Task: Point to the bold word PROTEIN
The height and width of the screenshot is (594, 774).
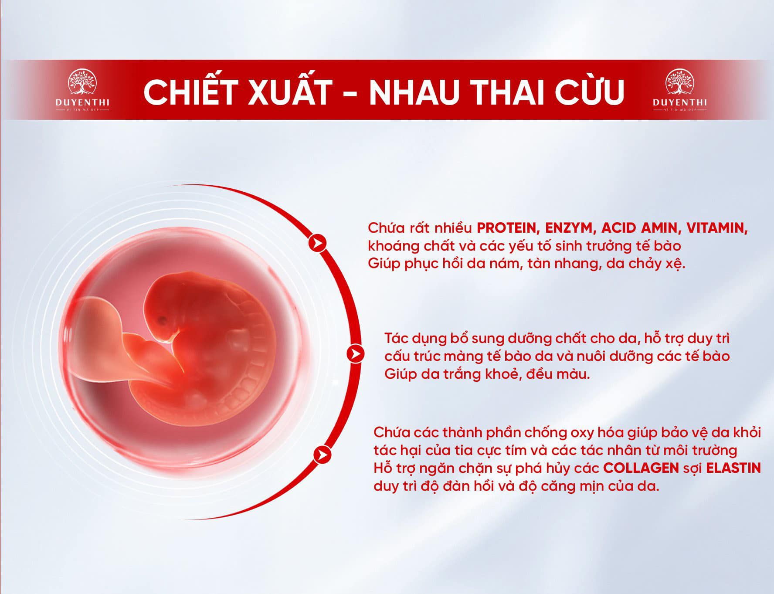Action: pyautogui.click(x=509, y=228)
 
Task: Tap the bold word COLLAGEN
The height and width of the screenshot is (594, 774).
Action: pyautogui.click(x=641, y=468)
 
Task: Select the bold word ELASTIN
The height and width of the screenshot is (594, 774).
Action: pyautogui.click(x=733, y=468)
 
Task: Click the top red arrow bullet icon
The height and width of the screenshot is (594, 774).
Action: pyautogui.click(x=318, y=242)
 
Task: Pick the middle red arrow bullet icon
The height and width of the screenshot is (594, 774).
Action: pyautogui.click(x=356, y=353)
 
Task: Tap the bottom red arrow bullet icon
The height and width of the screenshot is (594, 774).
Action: pyautogui.click(x=322, y=455)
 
